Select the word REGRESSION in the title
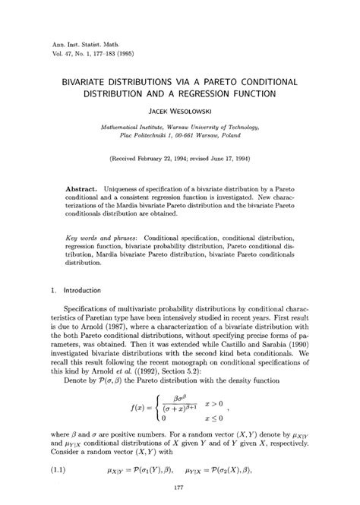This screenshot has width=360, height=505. tap(223, 94)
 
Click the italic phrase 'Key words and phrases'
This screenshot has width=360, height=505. tap(103, 237)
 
